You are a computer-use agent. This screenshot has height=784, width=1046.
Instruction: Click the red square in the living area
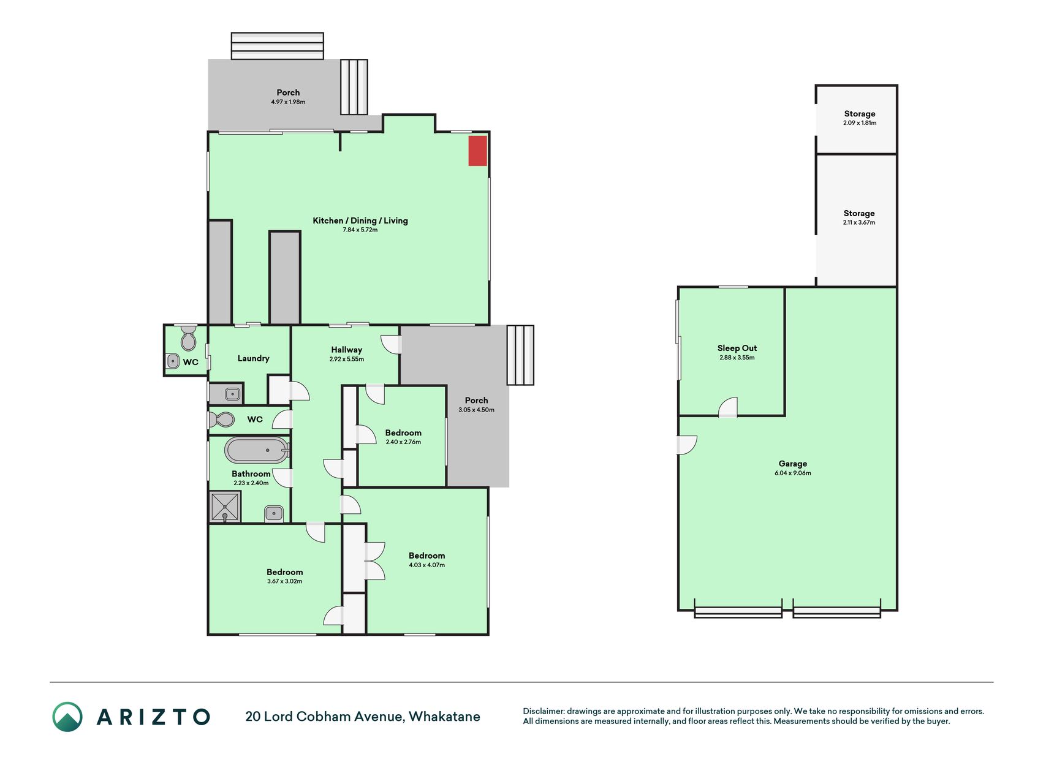point(478,151)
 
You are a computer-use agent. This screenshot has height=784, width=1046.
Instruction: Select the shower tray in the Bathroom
point(225,507)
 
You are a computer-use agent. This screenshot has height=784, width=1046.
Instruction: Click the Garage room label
point(793,464)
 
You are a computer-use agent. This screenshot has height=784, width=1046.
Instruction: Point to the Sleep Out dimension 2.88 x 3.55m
point(737,358)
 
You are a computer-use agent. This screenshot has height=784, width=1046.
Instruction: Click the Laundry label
point(254,358)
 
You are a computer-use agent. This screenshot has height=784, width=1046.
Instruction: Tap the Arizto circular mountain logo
point(67,717)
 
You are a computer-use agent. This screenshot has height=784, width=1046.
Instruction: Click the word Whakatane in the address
point(444,717)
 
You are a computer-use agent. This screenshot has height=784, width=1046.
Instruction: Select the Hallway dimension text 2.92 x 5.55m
point(347,360)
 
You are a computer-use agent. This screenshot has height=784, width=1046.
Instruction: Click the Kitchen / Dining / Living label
point(360,221)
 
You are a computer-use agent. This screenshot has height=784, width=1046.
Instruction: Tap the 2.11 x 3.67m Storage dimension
point(859,223)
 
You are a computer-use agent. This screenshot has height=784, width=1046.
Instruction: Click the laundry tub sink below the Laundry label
point(232,394)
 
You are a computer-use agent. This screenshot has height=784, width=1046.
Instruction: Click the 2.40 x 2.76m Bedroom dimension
point(403,442)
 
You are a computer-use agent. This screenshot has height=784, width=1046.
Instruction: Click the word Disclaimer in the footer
point(544,712)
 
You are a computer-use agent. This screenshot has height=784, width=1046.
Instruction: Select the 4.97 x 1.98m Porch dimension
point(288,102)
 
